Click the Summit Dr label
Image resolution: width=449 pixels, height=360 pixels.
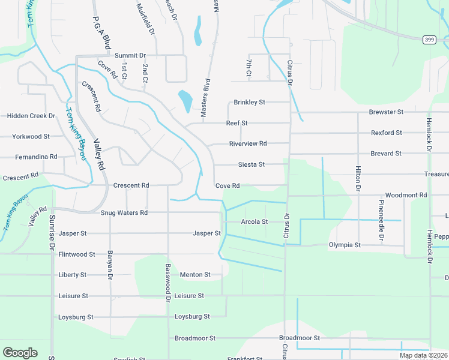(x=130, y=55)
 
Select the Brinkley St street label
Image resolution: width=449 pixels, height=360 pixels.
(x=249, y=103)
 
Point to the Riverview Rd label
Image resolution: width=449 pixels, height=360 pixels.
(x=247, y=144)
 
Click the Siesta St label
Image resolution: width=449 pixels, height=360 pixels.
(x=252, y=164)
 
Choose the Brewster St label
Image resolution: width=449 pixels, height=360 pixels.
(x=386, y=112)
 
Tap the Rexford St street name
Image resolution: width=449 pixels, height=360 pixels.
(x=386, y=133)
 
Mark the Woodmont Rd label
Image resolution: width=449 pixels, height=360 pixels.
(x=406, y=196)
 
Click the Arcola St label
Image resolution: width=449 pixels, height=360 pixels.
(x=254, y=222)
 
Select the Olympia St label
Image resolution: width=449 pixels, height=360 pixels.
(x=345, y=245)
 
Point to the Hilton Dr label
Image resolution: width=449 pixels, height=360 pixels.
(x=358, y=179)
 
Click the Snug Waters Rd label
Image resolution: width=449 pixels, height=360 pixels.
(x=124, y=213)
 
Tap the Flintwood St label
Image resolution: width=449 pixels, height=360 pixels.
(x=77, y=254)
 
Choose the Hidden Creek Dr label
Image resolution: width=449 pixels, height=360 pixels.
(x=31, y=116)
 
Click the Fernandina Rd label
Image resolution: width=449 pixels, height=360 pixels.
(x=36, y=157)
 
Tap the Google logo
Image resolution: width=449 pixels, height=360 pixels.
(x=20, y=353)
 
